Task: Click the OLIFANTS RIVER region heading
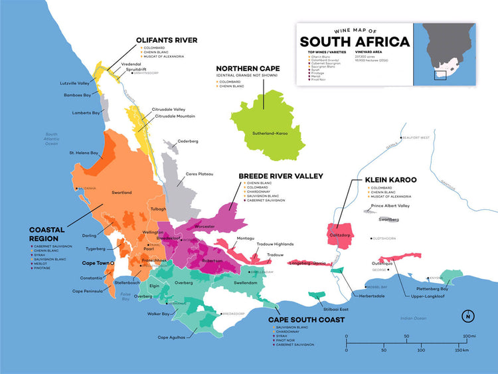tap(167, 40)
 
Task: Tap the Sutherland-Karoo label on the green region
tap(270, 134)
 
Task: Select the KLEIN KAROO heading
tap(390, 179)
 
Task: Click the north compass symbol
tap(469, 316)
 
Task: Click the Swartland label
tap(122, 193)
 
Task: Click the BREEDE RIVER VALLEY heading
tap(281, 176)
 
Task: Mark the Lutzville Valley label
tap(75, 83)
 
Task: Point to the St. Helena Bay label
tap(84, 153)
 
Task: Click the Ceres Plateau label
tap(199, 174)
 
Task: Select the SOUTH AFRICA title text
tap(355, 42)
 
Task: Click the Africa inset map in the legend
tap(445, 53)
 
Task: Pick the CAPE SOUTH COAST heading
tap(306, 320)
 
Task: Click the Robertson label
tap(212, 261)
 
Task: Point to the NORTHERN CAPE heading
tap(249, 68)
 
